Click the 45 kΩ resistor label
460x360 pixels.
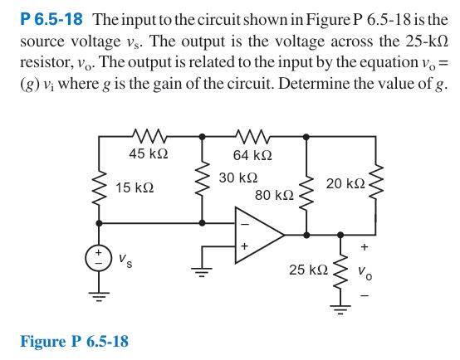pyautogui.click(x=149, y=153)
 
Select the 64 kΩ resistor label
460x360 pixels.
pyautogui.click(x=253, y=154)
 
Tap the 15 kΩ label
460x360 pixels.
pyautogui.click(x=134, y=188)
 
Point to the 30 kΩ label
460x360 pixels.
pyautogui.click(x=238, y=178)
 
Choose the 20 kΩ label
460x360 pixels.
pyautogui.click(x=345, y=182)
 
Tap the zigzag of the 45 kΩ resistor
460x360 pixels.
pyautogui.click(x=149, y=134)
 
